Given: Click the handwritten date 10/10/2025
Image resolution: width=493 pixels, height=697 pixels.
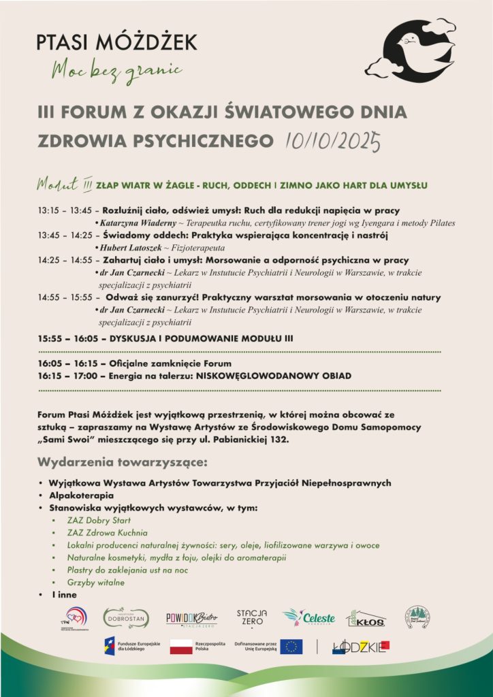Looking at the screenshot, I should [328, 141].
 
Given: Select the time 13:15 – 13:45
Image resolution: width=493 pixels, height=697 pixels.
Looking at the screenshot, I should [65, 210].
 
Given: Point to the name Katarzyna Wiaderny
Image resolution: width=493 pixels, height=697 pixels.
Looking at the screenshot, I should [136, 223].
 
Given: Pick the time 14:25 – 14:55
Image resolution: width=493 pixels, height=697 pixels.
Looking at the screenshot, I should [65, 260].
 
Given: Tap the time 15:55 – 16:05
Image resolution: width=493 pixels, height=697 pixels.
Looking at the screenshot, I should [65, 338].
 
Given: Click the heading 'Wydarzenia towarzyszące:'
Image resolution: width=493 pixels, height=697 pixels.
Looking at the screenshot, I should [123, 464].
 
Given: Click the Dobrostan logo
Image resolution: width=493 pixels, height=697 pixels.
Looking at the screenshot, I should [125, 618].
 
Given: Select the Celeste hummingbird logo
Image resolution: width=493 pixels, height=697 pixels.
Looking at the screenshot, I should [309, 617].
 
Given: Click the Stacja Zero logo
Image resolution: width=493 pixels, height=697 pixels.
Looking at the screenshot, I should [251, 617].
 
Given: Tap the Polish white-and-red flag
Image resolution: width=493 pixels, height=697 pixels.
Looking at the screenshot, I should [181, 647].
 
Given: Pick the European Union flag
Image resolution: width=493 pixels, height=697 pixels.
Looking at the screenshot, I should [291, 647].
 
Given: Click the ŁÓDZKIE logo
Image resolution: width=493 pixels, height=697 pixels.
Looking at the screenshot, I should [360, 647].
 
